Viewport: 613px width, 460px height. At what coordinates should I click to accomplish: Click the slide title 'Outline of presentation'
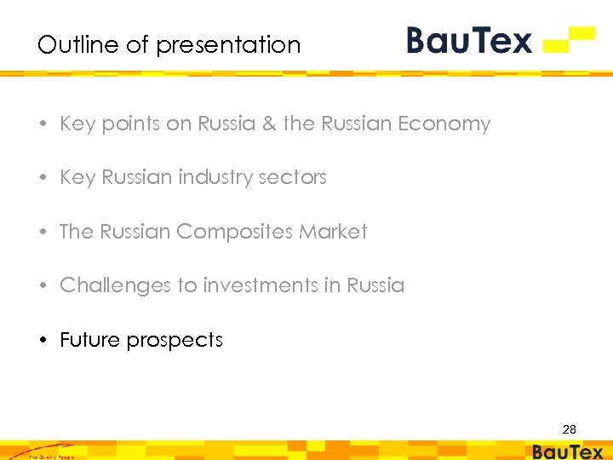[x=169, y=44]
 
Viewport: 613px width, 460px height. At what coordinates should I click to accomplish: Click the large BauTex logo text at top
[x=469, y=40]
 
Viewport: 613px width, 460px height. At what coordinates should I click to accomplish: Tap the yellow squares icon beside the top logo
[x=569, y=39]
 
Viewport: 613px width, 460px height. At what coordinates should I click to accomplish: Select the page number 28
[x=569, y=430]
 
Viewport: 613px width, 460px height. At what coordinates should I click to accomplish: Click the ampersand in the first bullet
[x=269, y=124]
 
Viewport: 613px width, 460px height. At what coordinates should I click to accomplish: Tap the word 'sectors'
[x=294, y=178]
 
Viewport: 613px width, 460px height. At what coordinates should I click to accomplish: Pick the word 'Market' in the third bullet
[x=339, y=232]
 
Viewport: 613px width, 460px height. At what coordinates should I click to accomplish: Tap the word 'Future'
[x=88, y=340]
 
